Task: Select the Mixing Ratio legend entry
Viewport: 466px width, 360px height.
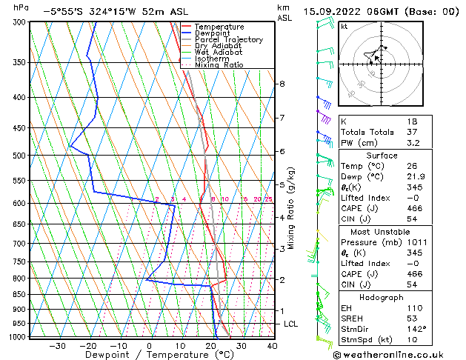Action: coord(218,65)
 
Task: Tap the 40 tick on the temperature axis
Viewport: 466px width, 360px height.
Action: coord(272,346)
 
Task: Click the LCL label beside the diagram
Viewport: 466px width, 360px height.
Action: coord(292,324)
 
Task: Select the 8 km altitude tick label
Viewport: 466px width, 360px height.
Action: coord(282,84)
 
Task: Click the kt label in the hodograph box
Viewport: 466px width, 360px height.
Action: coord(344,26)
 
